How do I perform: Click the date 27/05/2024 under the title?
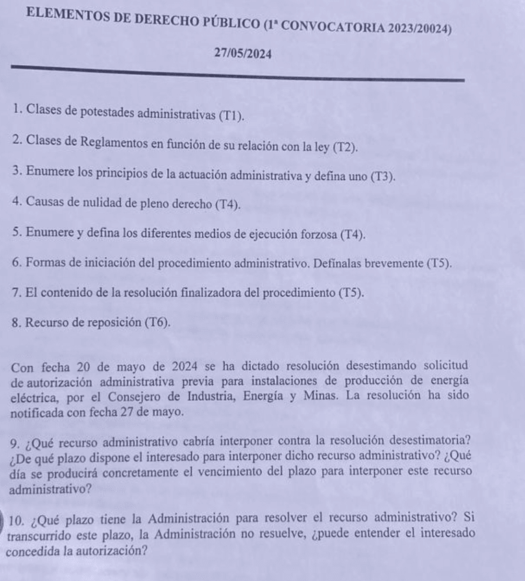pos(242,53)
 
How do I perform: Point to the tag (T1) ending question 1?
pos(230,115)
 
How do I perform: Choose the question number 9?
pos(14,441)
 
